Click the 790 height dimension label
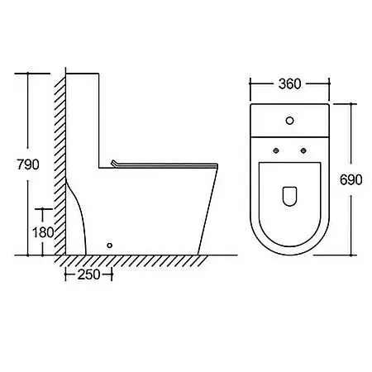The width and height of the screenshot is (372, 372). [x=28, y=165]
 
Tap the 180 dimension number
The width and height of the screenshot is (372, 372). [x=43, y=232]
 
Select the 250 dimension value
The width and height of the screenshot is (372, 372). [x=88, y=274]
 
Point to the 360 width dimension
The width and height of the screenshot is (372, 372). [x=289, y=84]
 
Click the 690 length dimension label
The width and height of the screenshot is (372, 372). [x=351, y=180]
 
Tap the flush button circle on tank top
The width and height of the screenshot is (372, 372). [x=289, y=121]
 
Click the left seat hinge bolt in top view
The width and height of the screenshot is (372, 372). [x=276, y=150]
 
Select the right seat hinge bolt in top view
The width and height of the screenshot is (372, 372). [x=303, y=150]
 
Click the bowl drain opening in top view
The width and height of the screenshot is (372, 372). [x=289, y=196]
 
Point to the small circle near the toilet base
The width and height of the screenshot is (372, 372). [x=109, y=246]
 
